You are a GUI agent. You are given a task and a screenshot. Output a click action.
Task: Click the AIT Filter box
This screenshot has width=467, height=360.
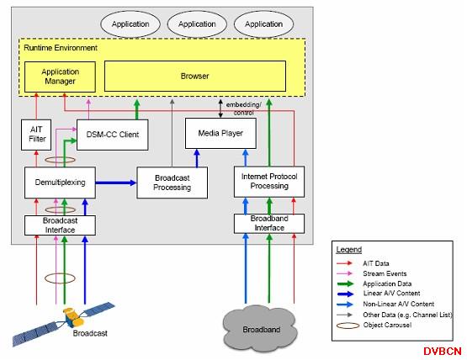(x=36, y=135)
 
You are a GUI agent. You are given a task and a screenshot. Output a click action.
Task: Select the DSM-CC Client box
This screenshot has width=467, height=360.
(x=112, y=135)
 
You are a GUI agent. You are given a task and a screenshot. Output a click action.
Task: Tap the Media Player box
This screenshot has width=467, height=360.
(x=220, y=133)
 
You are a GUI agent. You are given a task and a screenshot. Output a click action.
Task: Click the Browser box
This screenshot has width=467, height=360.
(x=195, y=77)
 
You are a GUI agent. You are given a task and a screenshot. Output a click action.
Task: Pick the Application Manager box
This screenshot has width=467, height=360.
(x=60, y=77)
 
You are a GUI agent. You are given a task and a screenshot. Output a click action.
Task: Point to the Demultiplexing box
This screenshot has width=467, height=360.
(x=60, y=183)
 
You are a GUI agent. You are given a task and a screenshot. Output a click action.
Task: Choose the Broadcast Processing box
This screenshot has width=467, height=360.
(x=172, y=183)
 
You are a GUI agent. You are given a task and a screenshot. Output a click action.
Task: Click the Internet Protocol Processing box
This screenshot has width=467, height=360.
(x=269, y=182)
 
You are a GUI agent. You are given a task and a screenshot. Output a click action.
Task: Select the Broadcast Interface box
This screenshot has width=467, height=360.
(x=60, y=225)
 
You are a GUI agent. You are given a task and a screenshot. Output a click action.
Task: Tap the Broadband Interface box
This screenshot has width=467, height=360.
(x=269, y=224)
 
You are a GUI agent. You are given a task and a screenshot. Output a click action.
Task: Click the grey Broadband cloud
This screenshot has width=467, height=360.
(x=260, y=329)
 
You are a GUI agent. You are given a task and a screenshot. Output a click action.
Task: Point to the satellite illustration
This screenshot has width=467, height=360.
(x=63, y=324)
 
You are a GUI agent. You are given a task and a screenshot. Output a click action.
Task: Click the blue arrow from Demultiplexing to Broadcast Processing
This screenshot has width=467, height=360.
(x=116, y=183)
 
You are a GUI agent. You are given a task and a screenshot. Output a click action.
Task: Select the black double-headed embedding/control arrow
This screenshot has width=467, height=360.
(x=220, y=109)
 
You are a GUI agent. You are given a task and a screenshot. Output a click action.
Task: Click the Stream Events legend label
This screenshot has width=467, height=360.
(x=385, y=273)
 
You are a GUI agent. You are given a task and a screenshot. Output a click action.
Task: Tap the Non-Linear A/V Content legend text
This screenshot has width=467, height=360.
(x=399, y=304)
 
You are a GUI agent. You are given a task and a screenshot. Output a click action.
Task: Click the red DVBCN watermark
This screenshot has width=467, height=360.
(x=443, y=351)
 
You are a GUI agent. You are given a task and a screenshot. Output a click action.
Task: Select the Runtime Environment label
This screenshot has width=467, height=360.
(x=61, y=48)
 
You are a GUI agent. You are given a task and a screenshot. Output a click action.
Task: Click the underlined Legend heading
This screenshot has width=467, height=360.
(x=348, y=250)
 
